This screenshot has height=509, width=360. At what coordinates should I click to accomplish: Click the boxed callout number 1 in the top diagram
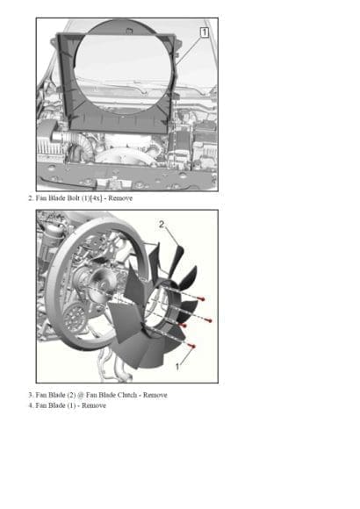tap(204, 32)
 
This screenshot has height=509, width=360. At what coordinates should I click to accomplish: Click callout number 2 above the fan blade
tap(162, 225)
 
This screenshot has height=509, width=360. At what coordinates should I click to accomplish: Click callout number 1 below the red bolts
tap(177, 367)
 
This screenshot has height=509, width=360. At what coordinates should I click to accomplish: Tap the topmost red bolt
tap(202, 298)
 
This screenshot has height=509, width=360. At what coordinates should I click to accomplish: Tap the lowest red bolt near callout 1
tap(192, 347)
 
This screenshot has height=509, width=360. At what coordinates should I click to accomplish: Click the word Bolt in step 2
tap(73, 198)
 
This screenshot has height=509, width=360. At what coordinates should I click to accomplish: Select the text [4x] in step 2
tap(96, 198)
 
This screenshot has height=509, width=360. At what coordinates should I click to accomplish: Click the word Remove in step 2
tap(120, 198)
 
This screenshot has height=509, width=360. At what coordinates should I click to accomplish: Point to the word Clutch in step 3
tap(127, 395)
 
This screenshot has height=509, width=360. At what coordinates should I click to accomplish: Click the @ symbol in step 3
tap(81, 396)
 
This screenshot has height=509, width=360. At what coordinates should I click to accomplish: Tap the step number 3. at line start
tap(31, 395)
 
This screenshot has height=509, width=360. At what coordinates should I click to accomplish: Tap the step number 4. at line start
tap(31, 405)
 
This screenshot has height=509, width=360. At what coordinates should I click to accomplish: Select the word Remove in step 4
tap(94, 405)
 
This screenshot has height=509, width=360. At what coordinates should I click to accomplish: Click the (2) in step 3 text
tap(71, 395)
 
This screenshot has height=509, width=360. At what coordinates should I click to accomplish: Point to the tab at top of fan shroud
tap(130, 32)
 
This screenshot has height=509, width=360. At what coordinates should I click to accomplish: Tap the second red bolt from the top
tap(209, 320)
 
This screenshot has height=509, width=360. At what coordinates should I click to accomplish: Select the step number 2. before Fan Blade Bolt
tap(31, 198)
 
